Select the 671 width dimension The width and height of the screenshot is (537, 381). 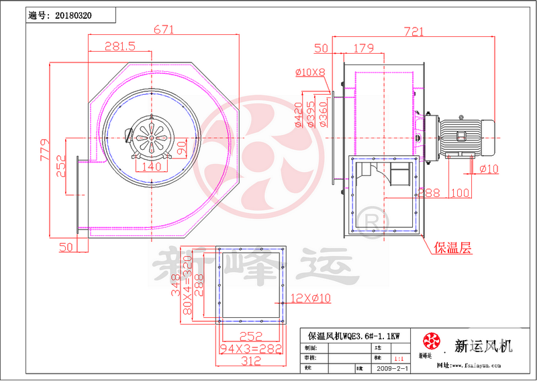tap(164, 30)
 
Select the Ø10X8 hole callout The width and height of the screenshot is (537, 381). tap(310, 72)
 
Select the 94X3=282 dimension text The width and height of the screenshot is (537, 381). tap(252, 349)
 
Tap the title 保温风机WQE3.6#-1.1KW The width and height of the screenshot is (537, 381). tap(353, 335)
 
